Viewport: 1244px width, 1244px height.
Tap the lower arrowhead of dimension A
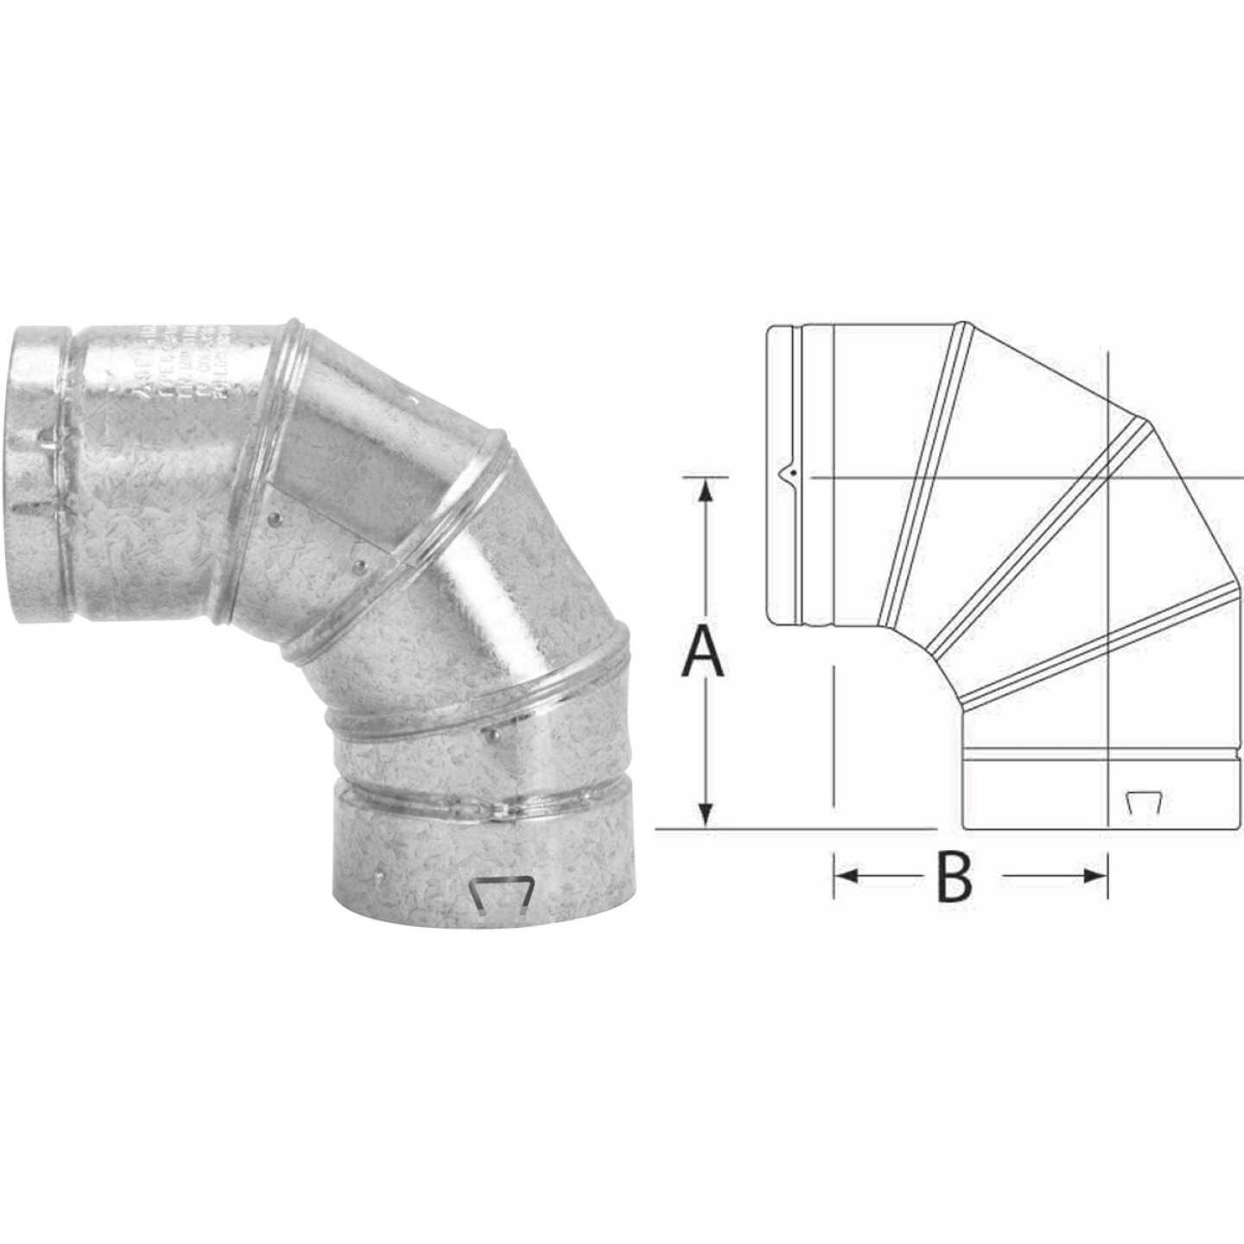[x=707, y=814]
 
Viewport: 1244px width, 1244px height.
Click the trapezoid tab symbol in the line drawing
[x=1143, y=803]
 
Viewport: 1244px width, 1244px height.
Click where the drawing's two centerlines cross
[x=1108, y=478]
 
